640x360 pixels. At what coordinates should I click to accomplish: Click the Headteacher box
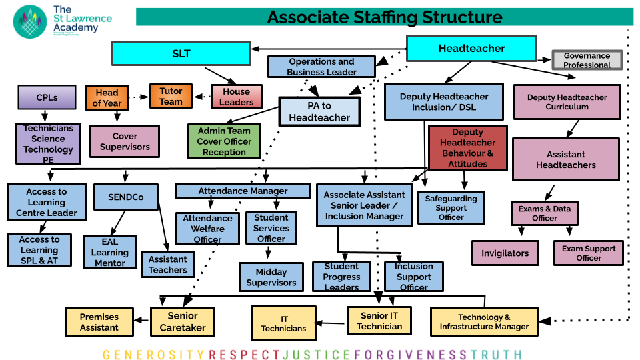click(471, 49)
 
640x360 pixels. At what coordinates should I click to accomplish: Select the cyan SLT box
click(181, 54)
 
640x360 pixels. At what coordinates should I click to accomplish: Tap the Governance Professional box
click(587, 61)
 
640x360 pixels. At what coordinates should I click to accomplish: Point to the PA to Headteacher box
click(319, 112)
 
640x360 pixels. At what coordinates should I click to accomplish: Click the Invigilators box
click(505, 253)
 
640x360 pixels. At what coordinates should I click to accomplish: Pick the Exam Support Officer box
click(589, 253)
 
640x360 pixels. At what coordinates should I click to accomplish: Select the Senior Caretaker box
click(183, 321)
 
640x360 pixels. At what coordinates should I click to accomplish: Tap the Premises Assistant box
click(99, 322)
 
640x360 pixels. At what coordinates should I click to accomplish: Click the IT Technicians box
click(283, 323)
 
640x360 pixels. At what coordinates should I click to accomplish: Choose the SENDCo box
click(125, 197)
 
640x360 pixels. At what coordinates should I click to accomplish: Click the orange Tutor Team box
click(171, 96)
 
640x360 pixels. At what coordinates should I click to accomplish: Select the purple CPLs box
click(47, 97)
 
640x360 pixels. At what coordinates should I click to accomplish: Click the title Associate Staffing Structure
click(385, 17)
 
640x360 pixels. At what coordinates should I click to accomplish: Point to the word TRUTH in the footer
click(497, 355)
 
